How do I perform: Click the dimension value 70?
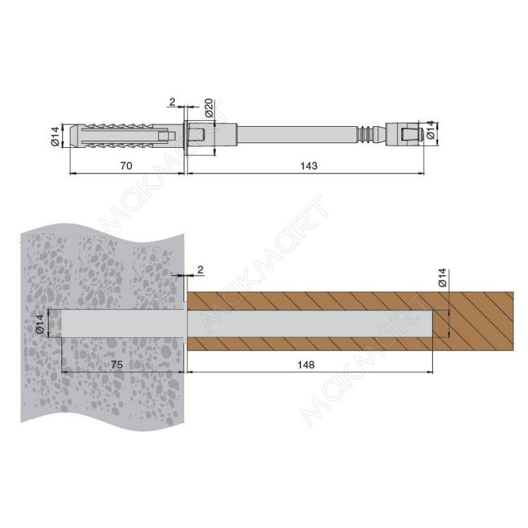coord(126,166)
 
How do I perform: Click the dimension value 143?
coord(309,166)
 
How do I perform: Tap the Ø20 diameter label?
coord(209,108)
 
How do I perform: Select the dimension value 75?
coord(117,365)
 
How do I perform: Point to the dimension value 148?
coord(306,365)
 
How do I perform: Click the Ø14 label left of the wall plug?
coord(55,136)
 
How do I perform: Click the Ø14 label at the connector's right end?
coord(431,131)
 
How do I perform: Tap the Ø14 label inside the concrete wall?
coord(40,323)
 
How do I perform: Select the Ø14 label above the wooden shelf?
coord(442,277)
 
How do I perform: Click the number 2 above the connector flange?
coord(172,102)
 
